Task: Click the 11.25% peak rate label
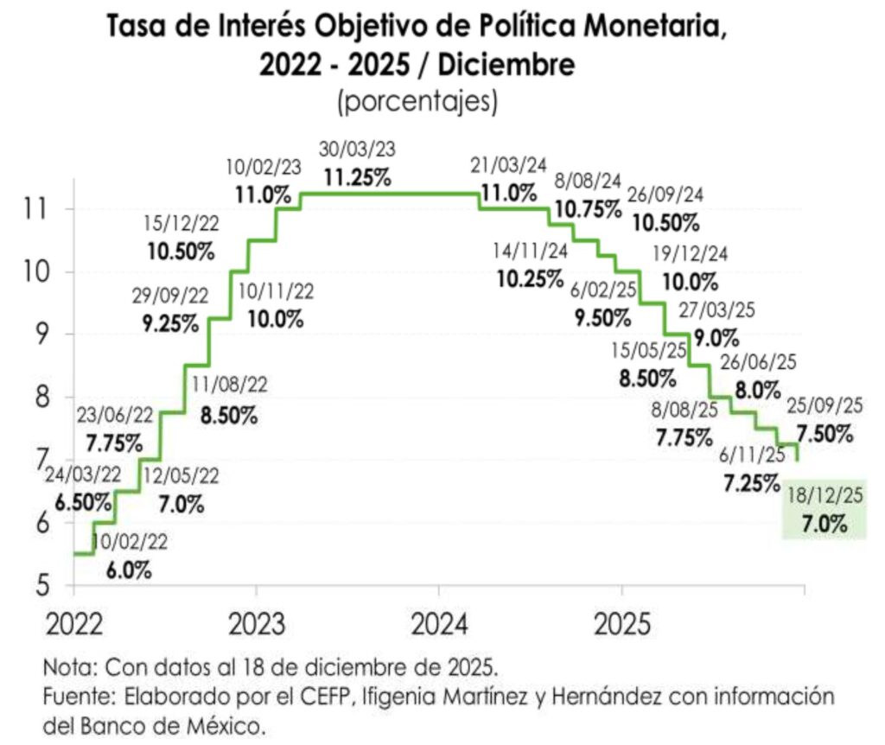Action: click(357, 177)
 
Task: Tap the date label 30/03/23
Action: click(357, 150)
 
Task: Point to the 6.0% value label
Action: click(131, 570)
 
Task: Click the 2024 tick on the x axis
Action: click(439, 624)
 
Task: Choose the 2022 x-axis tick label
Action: click(73, 624)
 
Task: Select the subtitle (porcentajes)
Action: click(417, 101)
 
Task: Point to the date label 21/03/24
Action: click(508, 165)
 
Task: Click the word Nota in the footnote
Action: click(68, 668)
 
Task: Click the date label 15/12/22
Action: click(181, 224)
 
